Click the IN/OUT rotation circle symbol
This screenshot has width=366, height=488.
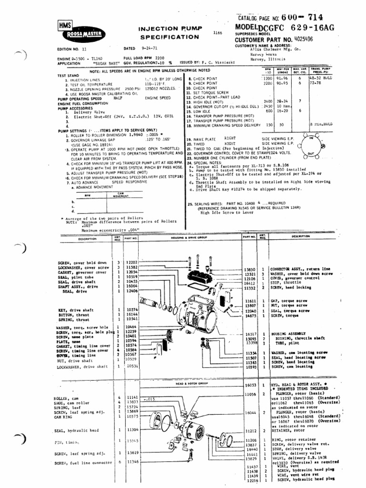(x=311, y=146)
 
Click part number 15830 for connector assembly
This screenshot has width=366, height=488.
(x=250, y=269)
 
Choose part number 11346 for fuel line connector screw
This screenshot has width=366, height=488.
(x=132, y=463)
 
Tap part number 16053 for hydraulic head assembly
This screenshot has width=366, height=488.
(x=250, y=384)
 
